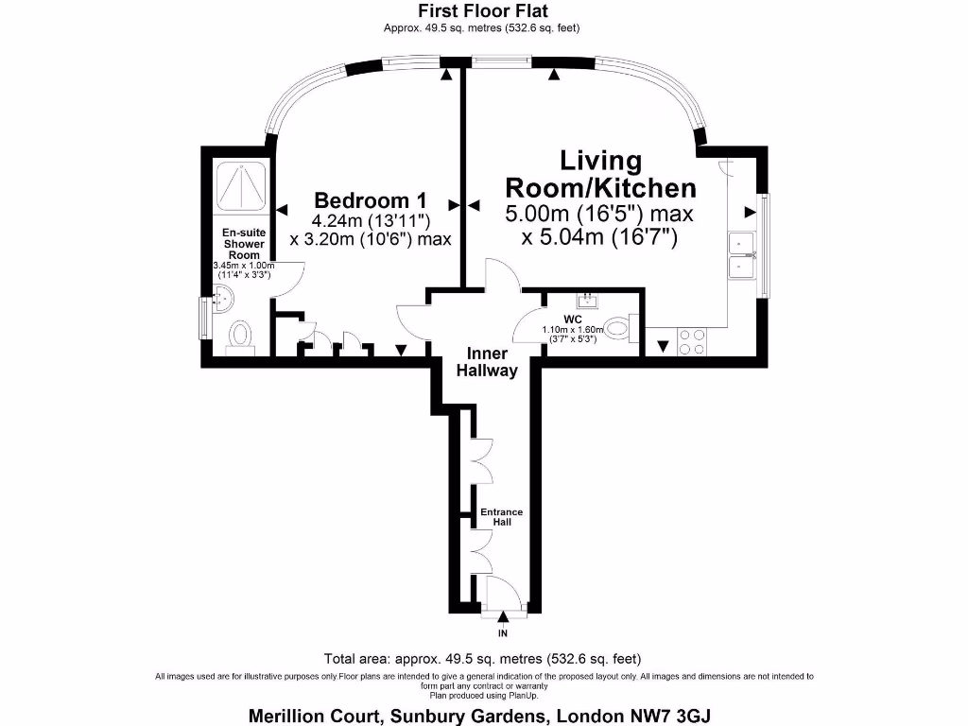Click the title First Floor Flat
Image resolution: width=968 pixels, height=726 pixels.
[x=483, y=11]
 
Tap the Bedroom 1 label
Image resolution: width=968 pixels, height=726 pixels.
[x=370, y=200]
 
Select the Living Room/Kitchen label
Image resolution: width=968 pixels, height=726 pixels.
[x=600, y=174]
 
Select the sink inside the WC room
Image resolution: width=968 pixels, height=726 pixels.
[x=586, y=301]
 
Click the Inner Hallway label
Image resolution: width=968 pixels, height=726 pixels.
[x=487, y=362]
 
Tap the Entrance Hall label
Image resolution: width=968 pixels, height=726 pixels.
[x=501, y=516]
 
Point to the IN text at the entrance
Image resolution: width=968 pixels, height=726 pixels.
[x=503, y=632]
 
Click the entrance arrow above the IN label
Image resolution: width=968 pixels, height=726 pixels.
[x=503, y=617]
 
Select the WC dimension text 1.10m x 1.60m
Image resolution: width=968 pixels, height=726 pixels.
[x=572, y=330]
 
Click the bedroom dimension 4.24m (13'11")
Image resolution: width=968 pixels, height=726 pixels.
[x=370, y=221]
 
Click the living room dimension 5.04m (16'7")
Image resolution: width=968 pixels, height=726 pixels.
[x=599, y=237]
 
